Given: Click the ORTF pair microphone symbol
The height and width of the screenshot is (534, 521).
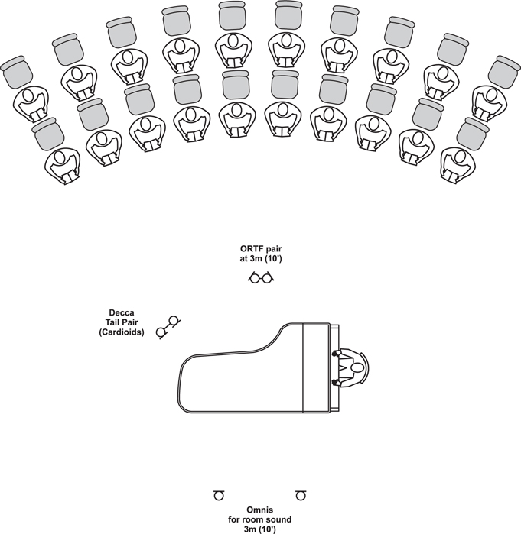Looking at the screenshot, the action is (261, 277).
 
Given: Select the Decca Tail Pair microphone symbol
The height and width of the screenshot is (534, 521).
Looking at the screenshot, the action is (168, 326).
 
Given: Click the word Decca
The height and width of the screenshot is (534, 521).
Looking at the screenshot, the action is (122, 312).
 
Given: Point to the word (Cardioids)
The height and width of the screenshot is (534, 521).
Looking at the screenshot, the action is (122, 332).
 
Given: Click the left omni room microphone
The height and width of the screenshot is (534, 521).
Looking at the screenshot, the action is (219, 495).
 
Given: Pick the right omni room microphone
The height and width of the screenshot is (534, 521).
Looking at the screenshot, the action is (301, 495).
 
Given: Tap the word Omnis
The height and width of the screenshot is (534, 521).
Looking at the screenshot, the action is (260, 510).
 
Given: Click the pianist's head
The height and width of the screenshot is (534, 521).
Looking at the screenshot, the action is (357, 368).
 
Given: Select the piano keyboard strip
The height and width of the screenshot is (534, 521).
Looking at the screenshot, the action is (334, 367).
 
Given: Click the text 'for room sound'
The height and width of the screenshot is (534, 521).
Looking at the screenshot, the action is (260, 519).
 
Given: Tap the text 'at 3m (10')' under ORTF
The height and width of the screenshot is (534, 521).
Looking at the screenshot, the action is (261, 258).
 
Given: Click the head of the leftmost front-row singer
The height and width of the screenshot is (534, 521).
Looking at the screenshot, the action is (60, 157).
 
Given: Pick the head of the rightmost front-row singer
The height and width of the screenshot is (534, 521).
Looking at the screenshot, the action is (460, 157).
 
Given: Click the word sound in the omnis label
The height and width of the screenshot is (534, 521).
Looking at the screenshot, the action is (279, 519).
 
